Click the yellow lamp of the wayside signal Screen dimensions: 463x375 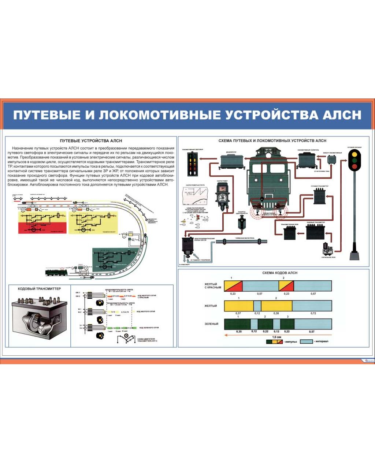click(354, 154)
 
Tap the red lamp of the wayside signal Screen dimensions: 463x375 click(354, 167)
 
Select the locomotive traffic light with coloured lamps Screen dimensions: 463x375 click(192, 164)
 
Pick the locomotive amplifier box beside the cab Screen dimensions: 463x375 click(307, 160)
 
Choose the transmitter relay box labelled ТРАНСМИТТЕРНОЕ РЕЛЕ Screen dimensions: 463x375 click(289, 233)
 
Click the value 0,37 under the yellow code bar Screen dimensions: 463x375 click(238, 313)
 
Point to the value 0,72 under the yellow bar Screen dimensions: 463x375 click(313, 313)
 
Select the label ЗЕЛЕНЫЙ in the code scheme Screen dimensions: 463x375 click(211, 324)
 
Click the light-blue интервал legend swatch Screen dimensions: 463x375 click(306, 341)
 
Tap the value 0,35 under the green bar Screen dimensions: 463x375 click(239, 332)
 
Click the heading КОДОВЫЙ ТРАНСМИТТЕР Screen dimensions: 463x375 click(40, 289)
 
